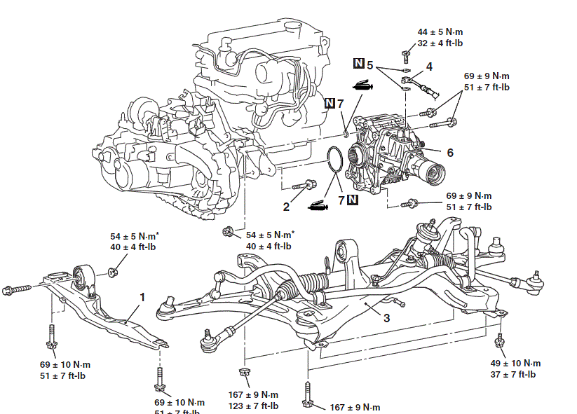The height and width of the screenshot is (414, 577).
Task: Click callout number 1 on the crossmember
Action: (142, 298)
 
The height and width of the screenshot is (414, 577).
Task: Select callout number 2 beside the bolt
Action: (286, 206)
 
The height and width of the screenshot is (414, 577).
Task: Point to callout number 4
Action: (429, 67)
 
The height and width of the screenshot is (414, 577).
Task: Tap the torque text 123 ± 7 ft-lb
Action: (253, 406)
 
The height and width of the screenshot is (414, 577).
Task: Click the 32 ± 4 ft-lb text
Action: (440, 43)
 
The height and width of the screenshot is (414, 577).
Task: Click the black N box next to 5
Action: (358, 64)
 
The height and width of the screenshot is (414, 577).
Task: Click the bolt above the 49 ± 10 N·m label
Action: (501, 341)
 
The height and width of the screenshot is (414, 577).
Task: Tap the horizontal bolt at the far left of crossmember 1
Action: (18, 288)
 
